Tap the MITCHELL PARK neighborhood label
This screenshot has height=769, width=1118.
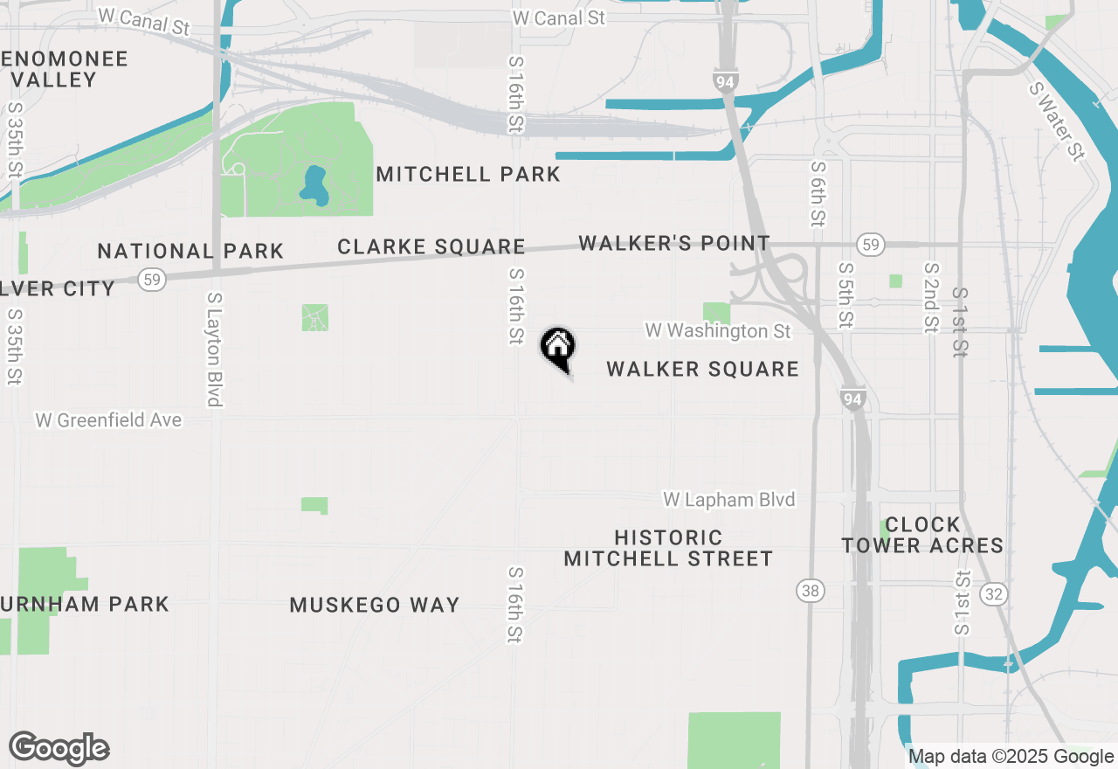pos(468,174)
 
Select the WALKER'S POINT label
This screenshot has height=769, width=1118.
pos(674,243)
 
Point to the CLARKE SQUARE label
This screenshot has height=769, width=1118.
pos(431,247)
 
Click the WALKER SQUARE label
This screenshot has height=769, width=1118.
pos(702,369)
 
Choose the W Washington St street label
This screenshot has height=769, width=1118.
pos(718,331)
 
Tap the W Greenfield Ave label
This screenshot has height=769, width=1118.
pos(108,420)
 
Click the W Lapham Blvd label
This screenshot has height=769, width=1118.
pos(729,499)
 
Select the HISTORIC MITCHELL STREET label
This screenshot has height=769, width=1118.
pos(668,548)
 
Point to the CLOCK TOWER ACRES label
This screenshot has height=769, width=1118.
pos(922,535)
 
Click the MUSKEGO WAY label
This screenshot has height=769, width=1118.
pos(375,605)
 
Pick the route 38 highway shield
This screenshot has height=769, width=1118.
pos(811,591)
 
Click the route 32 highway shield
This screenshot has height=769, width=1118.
pos(994,594)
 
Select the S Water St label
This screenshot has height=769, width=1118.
pos(1056,121)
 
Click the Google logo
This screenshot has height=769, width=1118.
pos(59,748)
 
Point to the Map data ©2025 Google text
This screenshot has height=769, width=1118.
pos(1011,757)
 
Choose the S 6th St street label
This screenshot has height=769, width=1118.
pos(818,194)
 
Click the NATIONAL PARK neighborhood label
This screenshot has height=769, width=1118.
pos(190,252)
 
